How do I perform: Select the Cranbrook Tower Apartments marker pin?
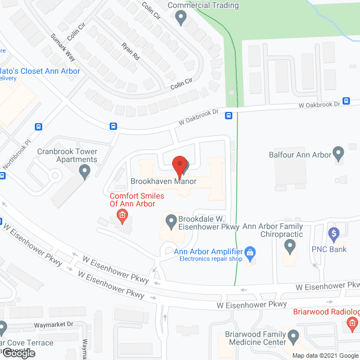point(85,171)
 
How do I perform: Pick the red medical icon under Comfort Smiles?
point(121,215)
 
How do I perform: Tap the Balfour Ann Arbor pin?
point(338,153)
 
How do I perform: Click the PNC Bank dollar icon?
point(334,233)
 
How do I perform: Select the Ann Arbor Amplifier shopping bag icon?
point(252,253)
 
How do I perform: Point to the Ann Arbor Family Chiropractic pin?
point(290,246)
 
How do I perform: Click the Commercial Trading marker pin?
point(181,18)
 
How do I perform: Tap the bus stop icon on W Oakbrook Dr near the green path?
point(229,116)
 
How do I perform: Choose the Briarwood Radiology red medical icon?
point(352,323)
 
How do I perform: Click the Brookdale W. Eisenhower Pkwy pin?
point(170,221)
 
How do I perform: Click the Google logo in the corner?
point(18,353)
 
